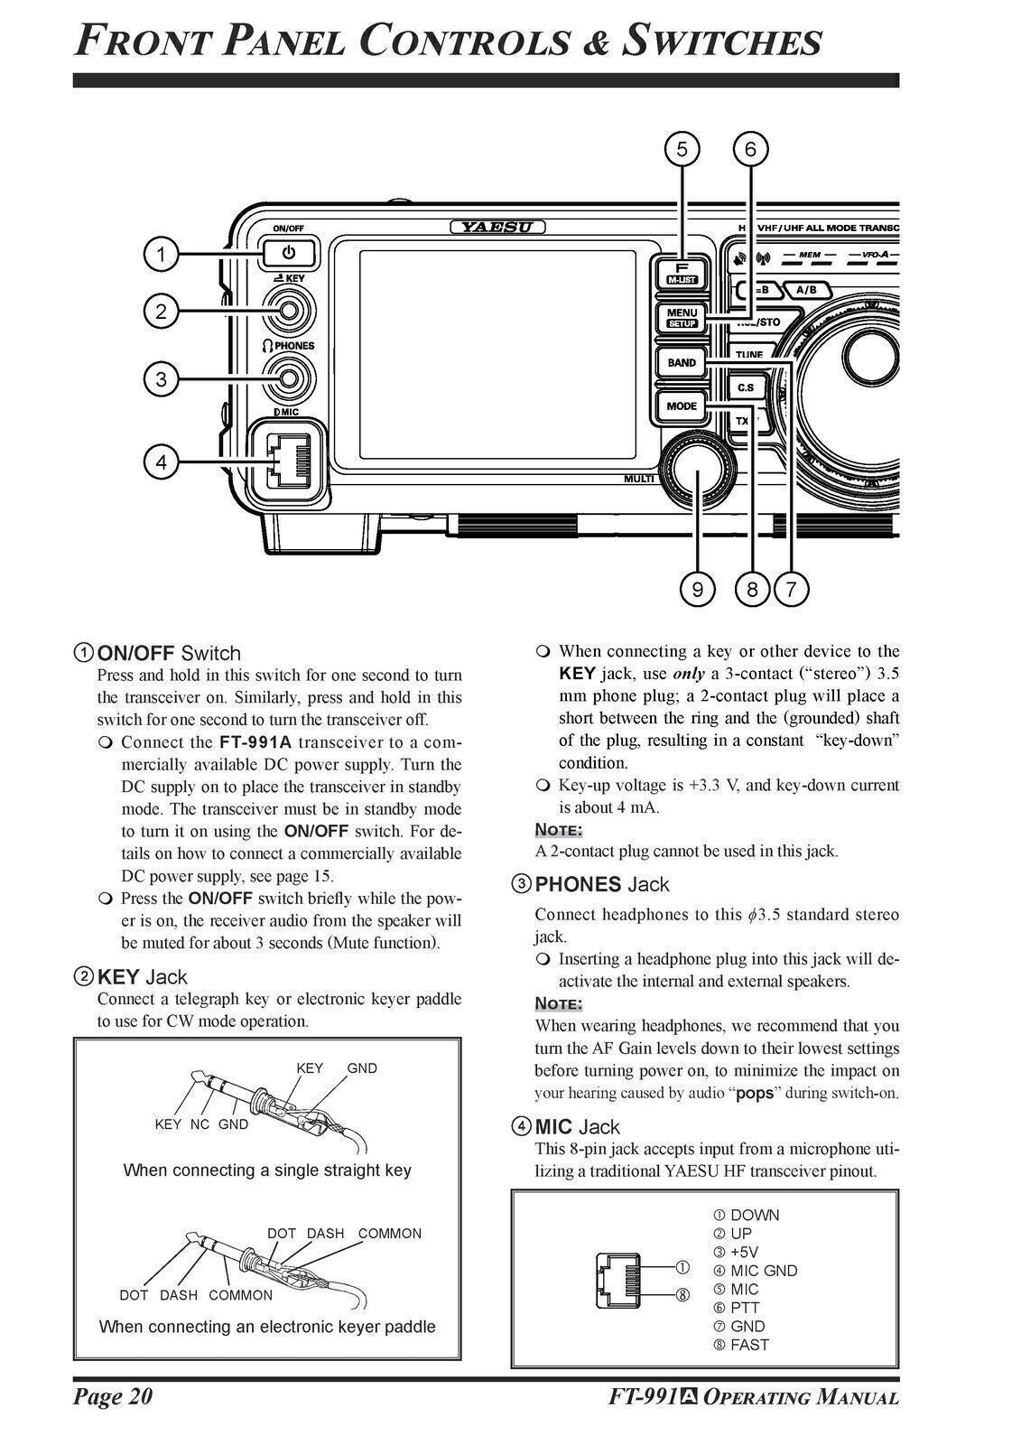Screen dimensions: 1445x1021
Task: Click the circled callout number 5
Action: click(x=682, y=148)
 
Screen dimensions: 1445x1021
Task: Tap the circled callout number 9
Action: click(x=697, y=590)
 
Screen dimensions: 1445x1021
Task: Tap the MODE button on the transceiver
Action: click(x=682, y=406)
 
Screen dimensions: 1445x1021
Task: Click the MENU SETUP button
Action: click(x=682, y=317)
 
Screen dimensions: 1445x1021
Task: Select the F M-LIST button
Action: click(x=682, y=273)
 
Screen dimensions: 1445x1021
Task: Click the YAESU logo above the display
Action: click(x=497, y=227)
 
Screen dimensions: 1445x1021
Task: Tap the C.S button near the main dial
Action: click(x=746, y=387)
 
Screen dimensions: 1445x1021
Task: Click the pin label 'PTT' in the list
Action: click(x=745, y=1308)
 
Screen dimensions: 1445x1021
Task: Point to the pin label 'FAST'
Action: click(x=749, y=1345)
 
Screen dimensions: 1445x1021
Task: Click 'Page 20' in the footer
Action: click(x=113, y=1397)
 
